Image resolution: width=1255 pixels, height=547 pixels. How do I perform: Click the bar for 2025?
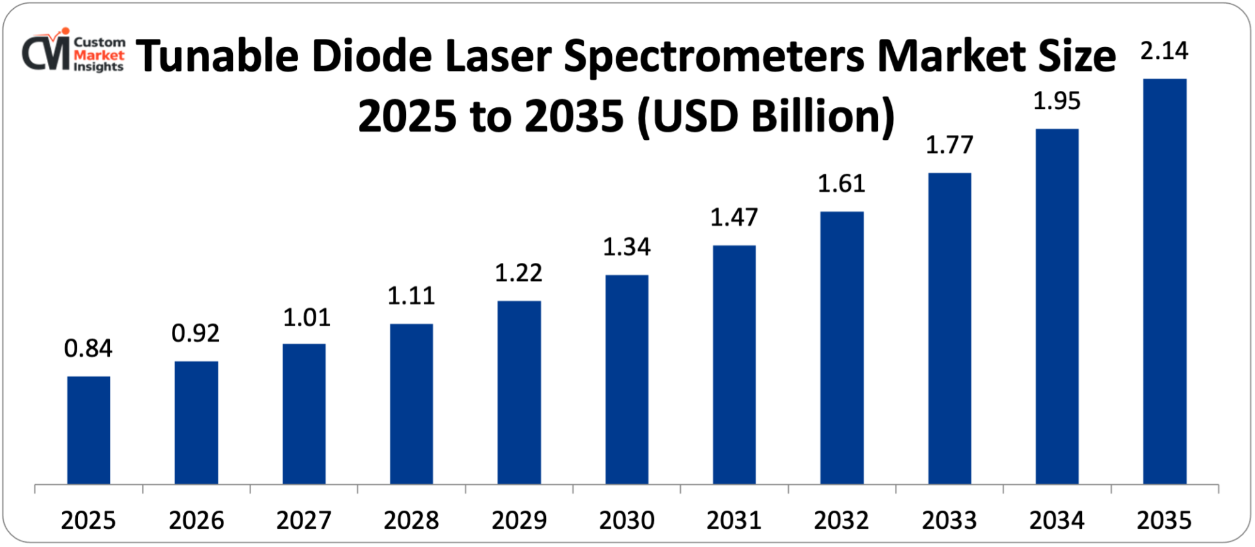point(88,430)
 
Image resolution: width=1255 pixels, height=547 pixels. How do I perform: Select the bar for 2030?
point(627,380)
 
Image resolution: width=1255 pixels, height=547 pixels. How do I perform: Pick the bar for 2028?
point(411,404)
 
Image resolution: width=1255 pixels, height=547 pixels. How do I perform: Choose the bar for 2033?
point(949,328)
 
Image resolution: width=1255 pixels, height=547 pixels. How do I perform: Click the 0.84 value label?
point(88,349)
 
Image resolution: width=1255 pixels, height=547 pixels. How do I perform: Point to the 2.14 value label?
point(1164,51)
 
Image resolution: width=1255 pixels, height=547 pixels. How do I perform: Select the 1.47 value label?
point(734,218)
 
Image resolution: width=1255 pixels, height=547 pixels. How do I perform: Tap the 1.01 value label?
point(307,318)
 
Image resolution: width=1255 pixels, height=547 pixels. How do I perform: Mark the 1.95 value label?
point(1057,101)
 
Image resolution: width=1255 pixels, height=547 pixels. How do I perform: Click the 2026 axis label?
point(196,520)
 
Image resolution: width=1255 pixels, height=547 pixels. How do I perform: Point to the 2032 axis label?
point(841,520)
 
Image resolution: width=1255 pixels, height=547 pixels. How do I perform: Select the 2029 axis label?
point(519,520)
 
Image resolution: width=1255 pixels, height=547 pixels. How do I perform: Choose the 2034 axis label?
point(1057,520)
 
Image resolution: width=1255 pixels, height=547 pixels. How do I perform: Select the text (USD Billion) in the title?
point(766,117)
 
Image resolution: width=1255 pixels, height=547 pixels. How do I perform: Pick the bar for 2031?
point(734,364)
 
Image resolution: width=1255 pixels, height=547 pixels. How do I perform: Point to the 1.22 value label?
point(519,273)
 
